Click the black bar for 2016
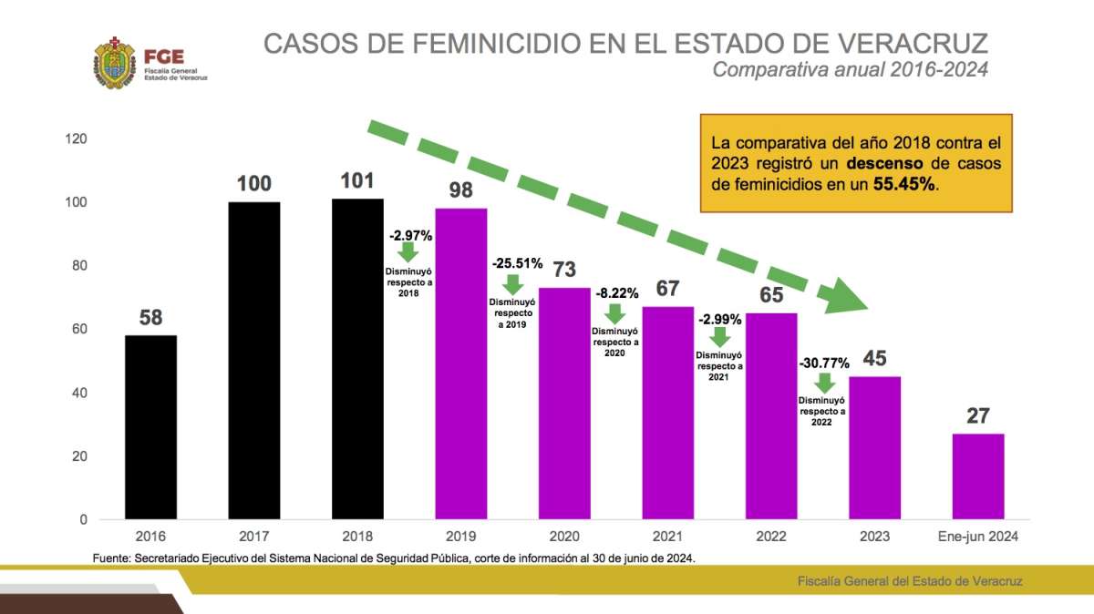(x=150, y=427)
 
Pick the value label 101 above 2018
(x=357, y=180)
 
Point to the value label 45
(x=875, y=358)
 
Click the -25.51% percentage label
(x=517, y=263)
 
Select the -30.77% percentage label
(x=824, y=363)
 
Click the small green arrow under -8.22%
(x=615, y=313)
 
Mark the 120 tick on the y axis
(x=76, y=138)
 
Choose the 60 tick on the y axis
(x=79, y=329)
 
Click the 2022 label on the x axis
(x=771, y=537)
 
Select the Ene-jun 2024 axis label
(x=978, y=537)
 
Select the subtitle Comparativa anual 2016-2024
(x=850, y=69)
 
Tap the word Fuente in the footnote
(x=111, y=558)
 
